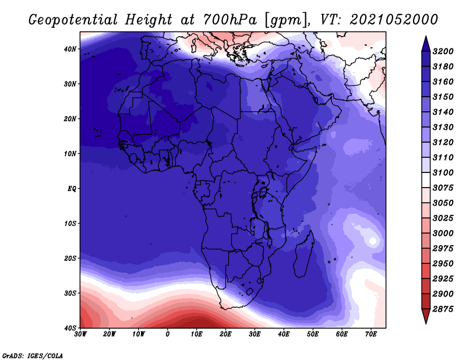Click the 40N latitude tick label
tap(70, 49)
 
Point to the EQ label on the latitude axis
tap(72, 189)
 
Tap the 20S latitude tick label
tap(70, 258)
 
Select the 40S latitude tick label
tap(70, 328)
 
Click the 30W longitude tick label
tap(80, 334)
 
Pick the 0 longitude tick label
tap(168, 334)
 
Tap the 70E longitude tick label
tap(371, 334)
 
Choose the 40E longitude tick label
tap(284, 334)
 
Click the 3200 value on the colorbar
tap(443, 51)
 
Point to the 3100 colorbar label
tap(443, 172)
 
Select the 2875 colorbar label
tap(443, 309)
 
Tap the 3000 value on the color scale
tap(443, 234)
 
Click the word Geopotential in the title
tap(73, 20)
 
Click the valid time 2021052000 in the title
tap(394, 20)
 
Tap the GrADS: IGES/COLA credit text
tap(33, 355)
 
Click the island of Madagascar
tap(303, 256)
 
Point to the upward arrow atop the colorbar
tap(426, 44)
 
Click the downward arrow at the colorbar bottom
tap(426, 316)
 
